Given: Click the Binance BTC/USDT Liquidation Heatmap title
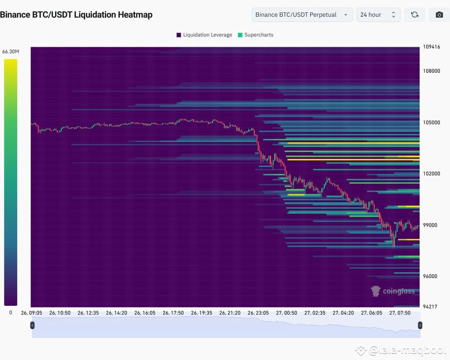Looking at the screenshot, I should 76,15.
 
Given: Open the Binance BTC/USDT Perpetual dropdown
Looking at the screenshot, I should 302,15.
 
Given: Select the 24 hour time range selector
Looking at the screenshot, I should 378,15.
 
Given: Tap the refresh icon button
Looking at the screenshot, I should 415,15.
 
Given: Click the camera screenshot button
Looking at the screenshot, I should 439,15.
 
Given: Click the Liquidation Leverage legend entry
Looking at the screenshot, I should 204,35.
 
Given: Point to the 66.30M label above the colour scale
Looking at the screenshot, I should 11,52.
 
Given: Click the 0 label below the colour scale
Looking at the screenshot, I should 11,312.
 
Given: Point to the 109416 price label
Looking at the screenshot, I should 431,47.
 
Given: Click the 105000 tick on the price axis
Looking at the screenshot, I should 431,122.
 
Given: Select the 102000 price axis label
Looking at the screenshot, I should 431,174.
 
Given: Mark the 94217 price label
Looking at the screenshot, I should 430,307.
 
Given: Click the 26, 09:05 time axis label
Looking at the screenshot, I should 31,313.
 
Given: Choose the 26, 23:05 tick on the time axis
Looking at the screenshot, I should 258,313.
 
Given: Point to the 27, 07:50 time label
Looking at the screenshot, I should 400,313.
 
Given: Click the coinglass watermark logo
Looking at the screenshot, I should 393,291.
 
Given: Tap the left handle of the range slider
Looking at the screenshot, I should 32,325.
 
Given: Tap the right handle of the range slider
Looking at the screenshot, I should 420,325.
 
